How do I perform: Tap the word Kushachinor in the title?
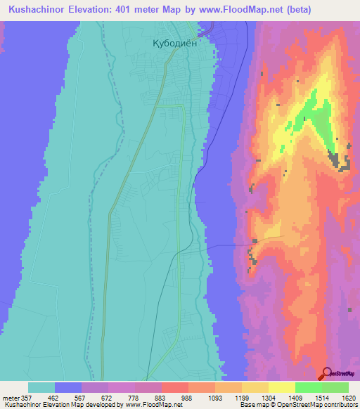tap(34, 9)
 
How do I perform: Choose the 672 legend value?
tap(108, 398)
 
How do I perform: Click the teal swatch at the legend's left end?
tap(41, 387)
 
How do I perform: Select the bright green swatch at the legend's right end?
tap(335, 387)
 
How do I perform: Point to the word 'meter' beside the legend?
tap(11, 398)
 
